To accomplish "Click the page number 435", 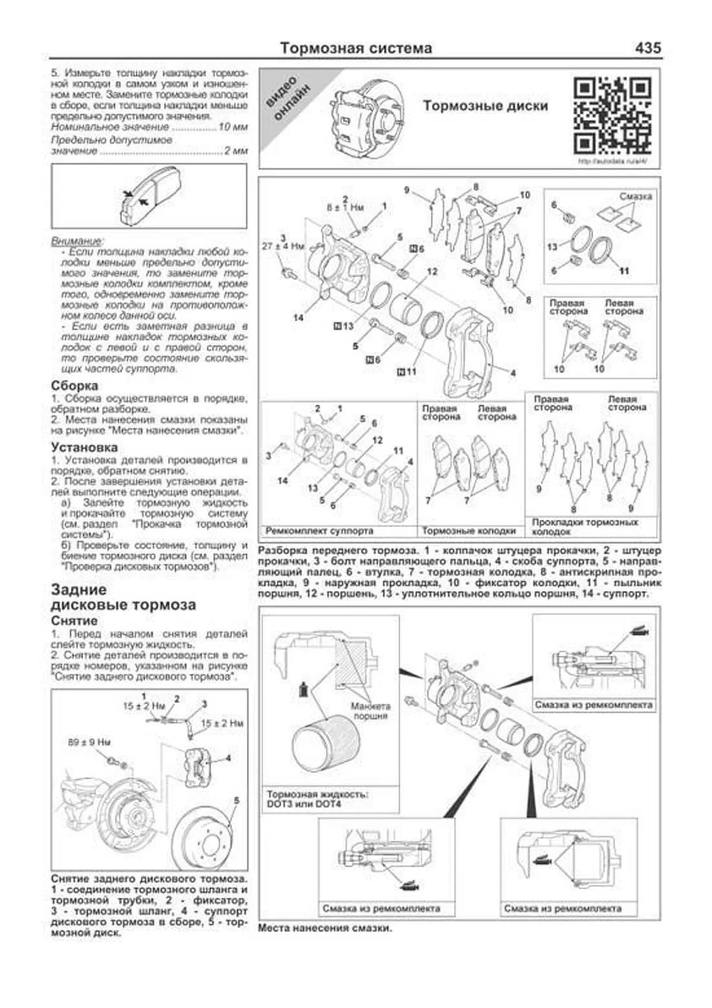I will (x=648, y=48).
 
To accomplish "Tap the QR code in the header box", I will (x=612, y=116).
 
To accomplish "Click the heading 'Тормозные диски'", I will (x=485, y=106).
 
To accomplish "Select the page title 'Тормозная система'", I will (x=356, y=48).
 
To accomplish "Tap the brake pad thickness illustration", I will (x=148, y=196).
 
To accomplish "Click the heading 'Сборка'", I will (x=75, y=386).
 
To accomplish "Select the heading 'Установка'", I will (x=84, y=447).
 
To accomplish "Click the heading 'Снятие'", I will (x=74, y=621).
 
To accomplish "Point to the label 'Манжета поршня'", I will (x=370, y=711).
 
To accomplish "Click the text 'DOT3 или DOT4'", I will (x=304, y=805).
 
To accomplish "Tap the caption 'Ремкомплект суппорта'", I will (x=319, y=531).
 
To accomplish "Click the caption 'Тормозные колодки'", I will (x=469, y=531).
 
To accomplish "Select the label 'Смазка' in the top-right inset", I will (x=635, y=196).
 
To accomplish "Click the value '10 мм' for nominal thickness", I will (x=233, y=127).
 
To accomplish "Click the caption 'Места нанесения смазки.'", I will (x=325, y=928).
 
